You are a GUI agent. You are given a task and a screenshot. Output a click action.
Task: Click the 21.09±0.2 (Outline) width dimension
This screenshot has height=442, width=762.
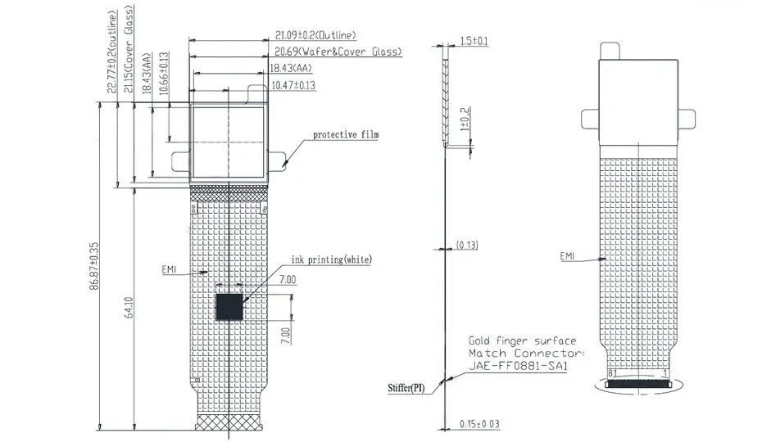[x=315, y=35]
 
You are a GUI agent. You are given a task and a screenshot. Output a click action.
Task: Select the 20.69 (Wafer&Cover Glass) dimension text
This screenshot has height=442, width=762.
[x=338, y=52]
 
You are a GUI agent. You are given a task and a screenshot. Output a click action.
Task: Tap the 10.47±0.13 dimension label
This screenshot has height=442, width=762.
[x=293, y=85]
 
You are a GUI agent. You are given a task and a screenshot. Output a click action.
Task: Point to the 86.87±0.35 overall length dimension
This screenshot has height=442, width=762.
[x=94, y=266]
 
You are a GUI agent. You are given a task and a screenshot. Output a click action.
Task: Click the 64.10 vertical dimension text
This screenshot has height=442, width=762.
[x=129, y=308]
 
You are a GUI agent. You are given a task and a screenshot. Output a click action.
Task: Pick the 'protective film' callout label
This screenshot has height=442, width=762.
[x=346, y=134]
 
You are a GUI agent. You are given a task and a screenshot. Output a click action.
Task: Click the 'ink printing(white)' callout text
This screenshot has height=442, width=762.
[x=332, y=259]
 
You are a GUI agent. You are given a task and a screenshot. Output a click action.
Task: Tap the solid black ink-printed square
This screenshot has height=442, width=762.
[x=229, y=306]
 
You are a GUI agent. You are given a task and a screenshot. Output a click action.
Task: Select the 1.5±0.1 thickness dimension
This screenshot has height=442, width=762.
[x=474, y=41]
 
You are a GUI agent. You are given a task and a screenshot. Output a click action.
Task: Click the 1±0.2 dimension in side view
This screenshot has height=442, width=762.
[x=465, y=119]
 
